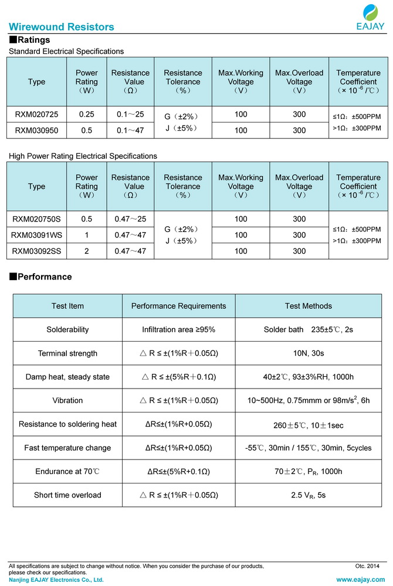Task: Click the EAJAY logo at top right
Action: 370,17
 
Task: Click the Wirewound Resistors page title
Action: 62,27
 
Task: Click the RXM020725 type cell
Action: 36,116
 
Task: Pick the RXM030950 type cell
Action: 36,131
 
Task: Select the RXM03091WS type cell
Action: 36,235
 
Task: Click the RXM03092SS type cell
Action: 36,251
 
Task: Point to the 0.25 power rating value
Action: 87,116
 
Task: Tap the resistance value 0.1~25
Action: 130,116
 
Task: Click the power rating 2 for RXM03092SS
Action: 87,251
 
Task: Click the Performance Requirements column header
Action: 178,306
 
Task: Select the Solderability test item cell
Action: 67,330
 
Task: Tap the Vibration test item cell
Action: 67,401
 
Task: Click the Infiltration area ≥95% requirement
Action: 178,330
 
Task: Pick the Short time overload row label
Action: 67,495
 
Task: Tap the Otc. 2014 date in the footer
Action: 367,566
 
